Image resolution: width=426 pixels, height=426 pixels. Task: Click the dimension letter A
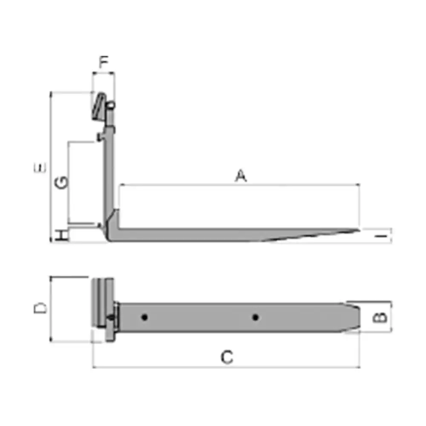coord(241,176)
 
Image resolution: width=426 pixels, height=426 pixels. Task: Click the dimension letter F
coord(104,63)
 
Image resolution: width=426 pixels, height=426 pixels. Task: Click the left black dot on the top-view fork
coord(145,317)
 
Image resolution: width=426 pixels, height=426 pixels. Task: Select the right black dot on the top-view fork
coord(255,317)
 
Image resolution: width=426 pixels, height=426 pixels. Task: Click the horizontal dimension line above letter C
coord(226,366)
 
